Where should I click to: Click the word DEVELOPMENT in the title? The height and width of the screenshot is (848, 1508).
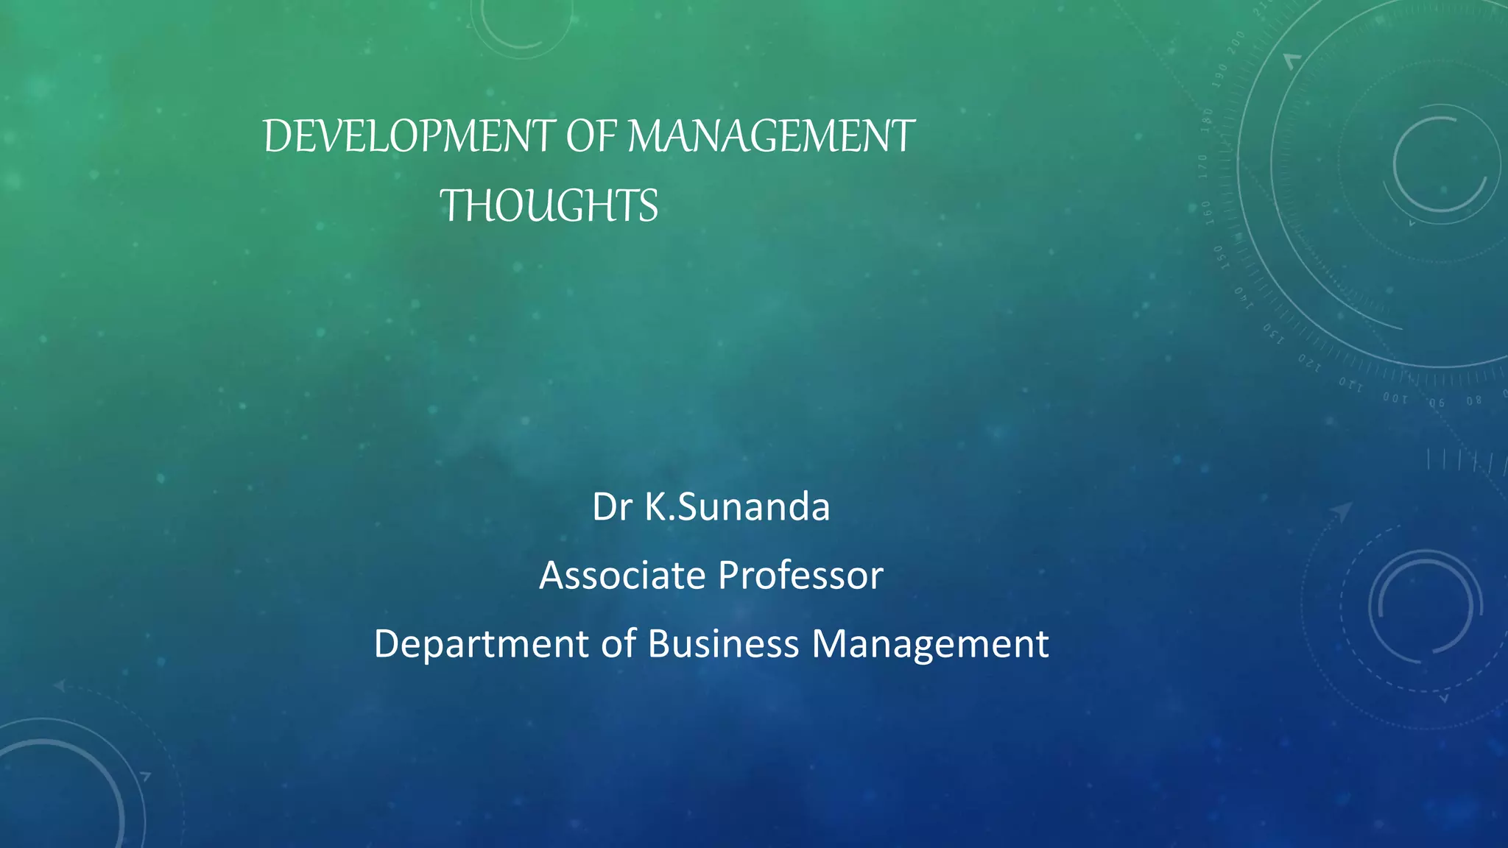(409, 137)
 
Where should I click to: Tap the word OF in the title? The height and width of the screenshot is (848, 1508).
(592, 137)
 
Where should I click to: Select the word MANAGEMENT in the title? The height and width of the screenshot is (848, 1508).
(770, 137)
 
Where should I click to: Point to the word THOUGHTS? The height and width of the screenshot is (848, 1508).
(549, 205)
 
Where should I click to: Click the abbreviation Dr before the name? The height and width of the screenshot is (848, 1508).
(612, 507)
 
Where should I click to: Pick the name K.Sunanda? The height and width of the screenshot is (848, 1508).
(737, 507)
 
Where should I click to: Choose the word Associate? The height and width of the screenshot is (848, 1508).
(621, 576)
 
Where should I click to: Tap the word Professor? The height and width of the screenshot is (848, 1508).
(800, 576)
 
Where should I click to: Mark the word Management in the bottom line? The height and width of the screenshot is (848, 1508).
(930, 644)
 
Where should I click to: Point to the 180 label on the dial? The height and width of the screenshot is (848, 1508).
(1207, 119)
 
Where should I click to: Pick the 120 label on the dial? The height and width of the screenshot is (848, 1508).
(1309, 362)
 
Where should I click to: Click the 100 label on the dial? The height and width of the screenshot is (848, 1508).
(1395, 398)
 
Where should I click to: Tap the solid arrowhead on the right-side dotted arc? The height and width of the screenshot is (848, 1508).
(1342, 511)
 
